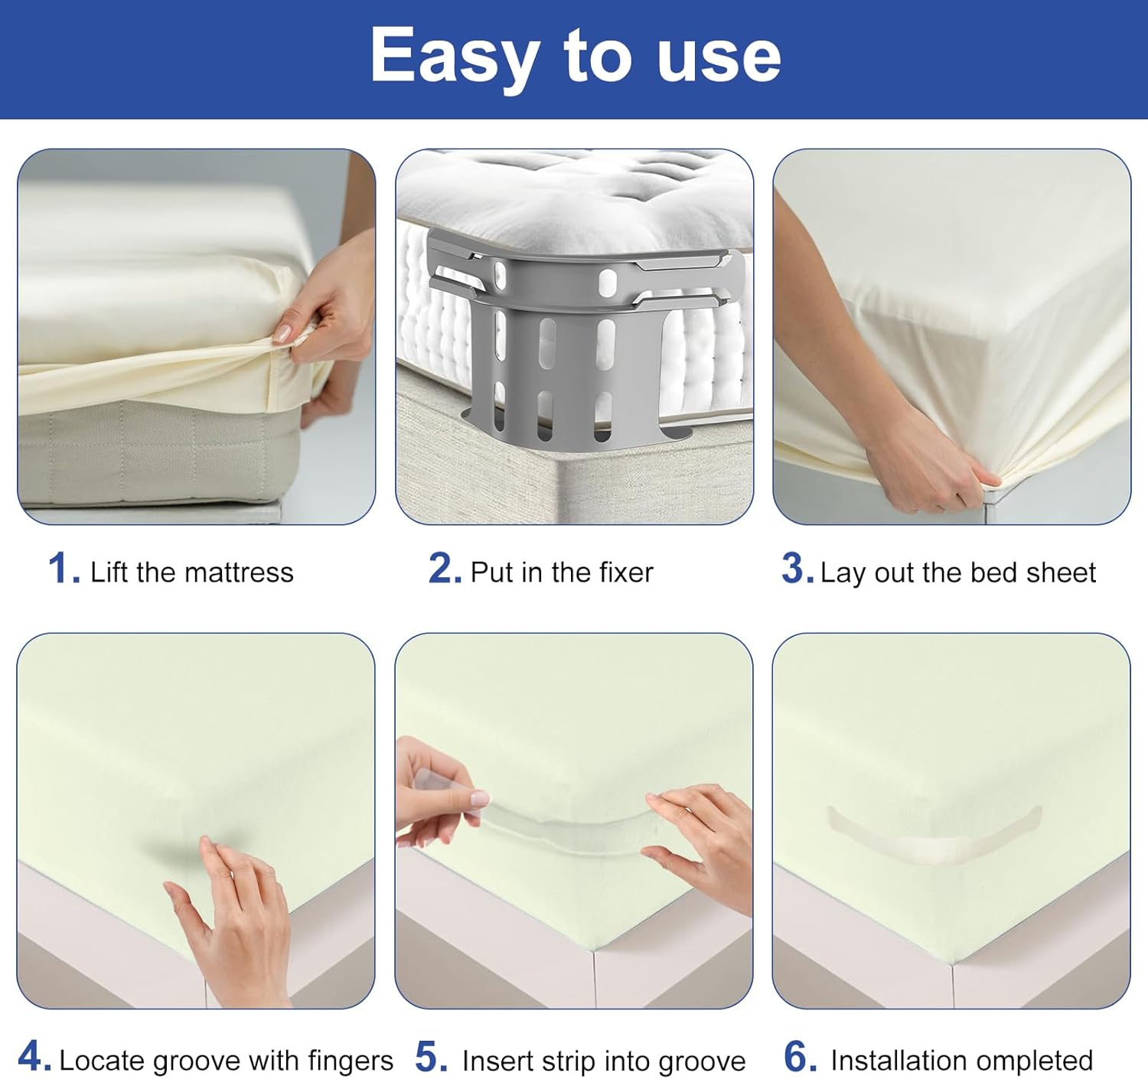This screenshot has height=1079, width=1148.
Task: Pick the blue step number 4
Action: click(34, 1056)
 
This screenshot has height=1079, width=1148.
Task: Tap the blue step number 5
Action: click(431, 1057)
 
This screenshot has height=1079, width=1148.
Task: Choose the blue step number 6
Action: click(800, 1056)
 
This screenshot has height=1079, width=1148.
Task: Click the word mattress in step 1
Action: click(240, 572)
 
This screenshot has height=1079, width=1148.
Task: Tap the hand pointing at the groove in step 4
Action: click(237, 925)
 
